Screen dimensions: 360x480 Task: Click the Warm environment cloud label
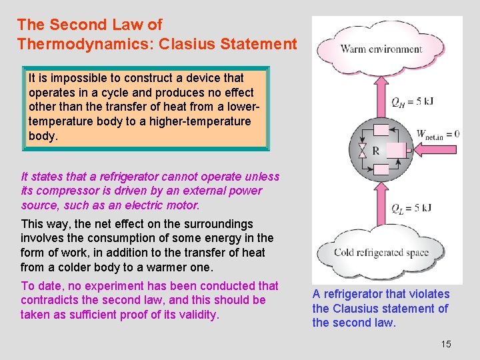pos(381,49)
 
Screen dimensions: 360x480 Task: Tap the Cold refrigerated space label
pos(381,253)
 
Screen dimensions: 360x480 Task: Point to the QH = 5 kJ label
pos(412,102)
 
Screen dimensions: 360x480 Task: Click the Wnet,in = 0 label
pos(437,134)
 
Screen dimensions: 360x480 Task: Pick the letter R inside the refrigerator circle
pos(376,151)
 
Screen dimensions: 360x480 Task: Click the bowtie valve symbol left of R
pos(362,151)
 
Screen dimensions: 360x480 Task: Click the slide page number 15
pos(446,344)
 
